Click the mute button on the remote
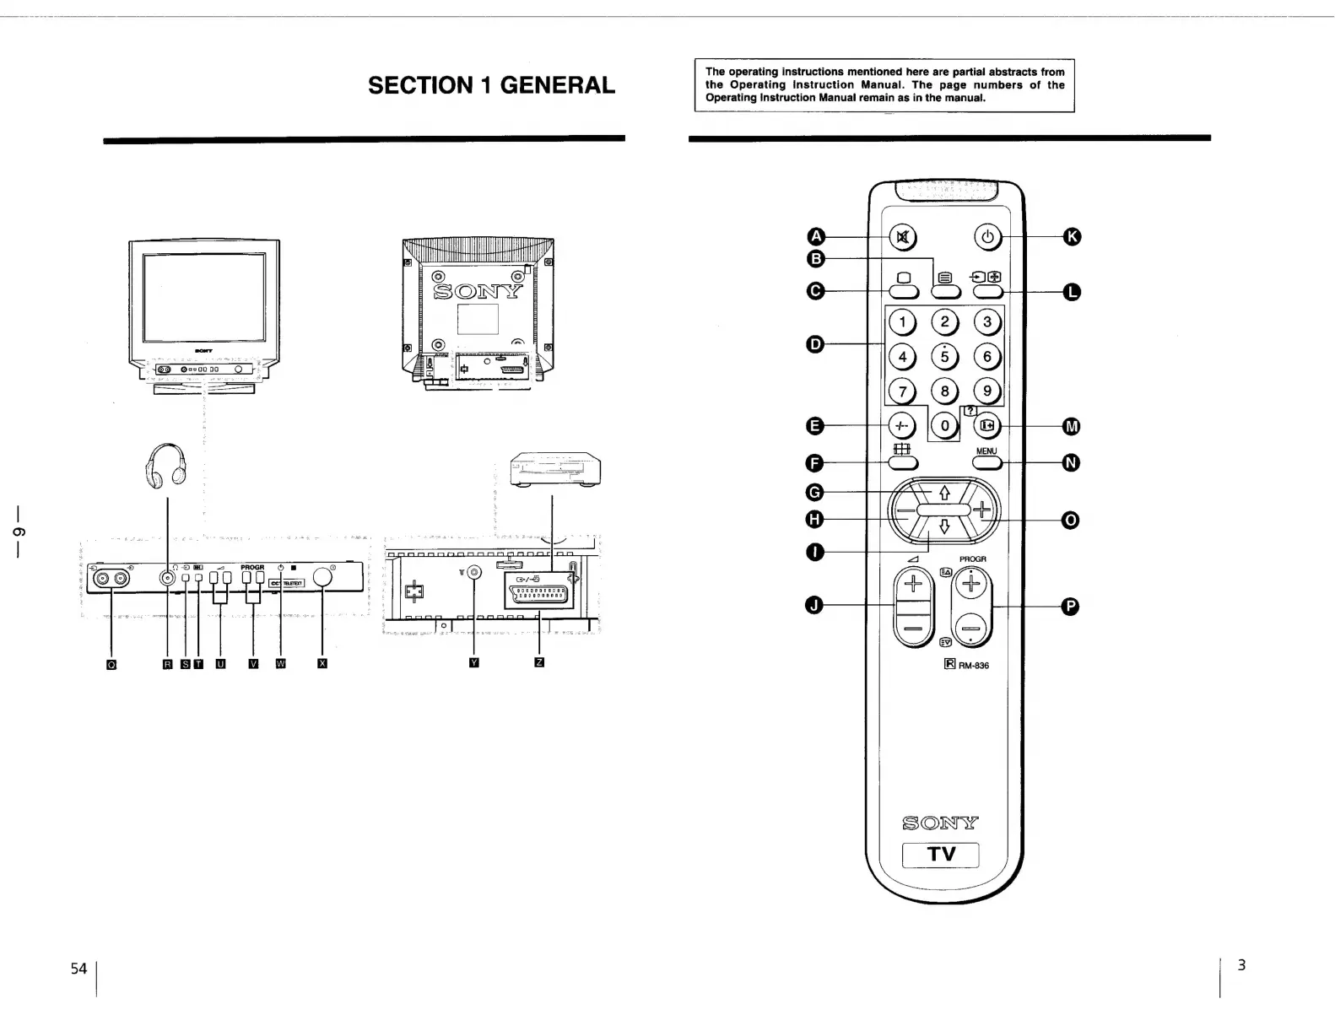(903, 237)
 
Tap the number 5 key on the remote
(944, 356)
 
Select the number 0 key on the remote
(945, 426)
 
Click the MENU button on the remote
(987, 462)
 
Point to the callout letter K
(1071, 237)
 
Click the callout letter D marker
(815, 343)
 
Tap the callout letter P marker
(1069, 607)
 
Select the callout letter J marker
(815, 605)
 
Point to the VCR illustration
(555, 469)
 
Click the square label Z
(539, 662)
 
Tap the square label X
(322, 663)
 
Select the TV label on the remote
(941, 854)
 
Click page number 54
(78, 969)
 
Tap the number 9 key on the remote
(986, 391)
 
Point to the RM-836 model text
(973, 665)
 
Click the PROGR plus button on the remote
(972, 584)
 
